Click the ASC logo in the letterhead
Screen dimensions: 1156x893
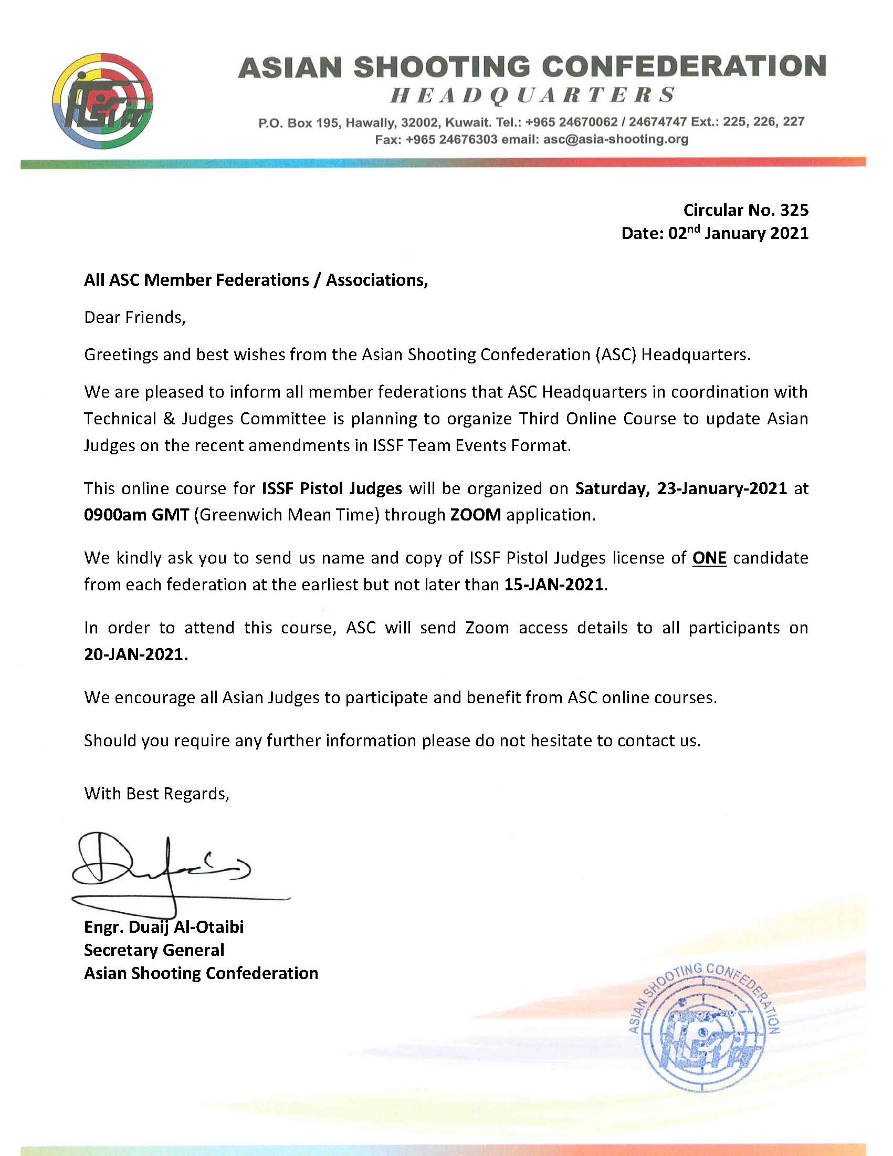click(x=103, y=100)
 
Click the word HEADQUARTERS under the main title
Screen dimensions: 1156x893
click(x=532, y=95)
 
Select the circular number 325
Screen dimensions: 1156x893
click(x=794, y=210)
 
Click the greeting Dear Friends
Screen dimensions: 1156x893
click(x=135, y=317)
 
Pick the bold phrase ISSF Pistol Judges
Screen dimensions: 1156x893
click(x=332, y=488)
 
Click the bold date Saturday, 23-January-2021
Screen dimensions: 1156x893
click(x=681, y=488)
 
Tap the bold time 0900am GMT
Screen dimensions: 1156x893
click(x=136, y=515)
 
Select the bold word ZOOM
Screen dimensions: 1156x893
click(x=475, y=515)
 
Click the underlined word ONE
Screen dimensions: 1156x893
click(x=709, y=558)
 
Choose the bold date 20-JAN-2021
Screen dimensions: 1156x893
click(x=136, y=655)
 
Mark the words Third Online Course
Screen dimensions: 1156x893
click(x=597, y=419)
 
